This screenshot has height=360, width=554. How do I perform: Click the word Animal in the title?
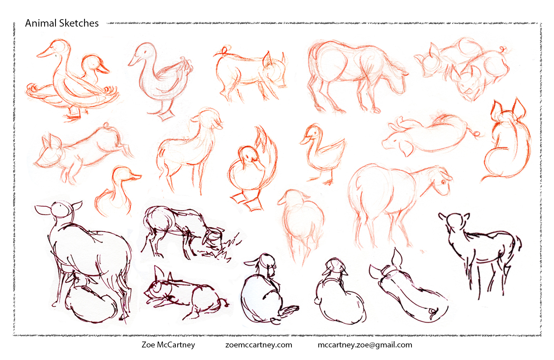tap(41, 23)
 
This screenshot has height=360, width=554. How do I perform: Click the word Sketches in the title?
tap(79, 23)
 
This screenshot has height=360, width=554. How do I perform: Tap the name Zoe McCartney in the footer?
tap(168, 345)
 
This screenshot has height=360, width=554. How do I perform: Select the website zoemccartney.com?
tap(259, 345)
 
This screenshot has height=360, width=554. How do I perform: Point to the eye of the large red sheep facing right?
tap(443, 182)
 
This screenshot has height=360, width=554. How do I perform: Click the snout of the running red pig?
tap(39, 162)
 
